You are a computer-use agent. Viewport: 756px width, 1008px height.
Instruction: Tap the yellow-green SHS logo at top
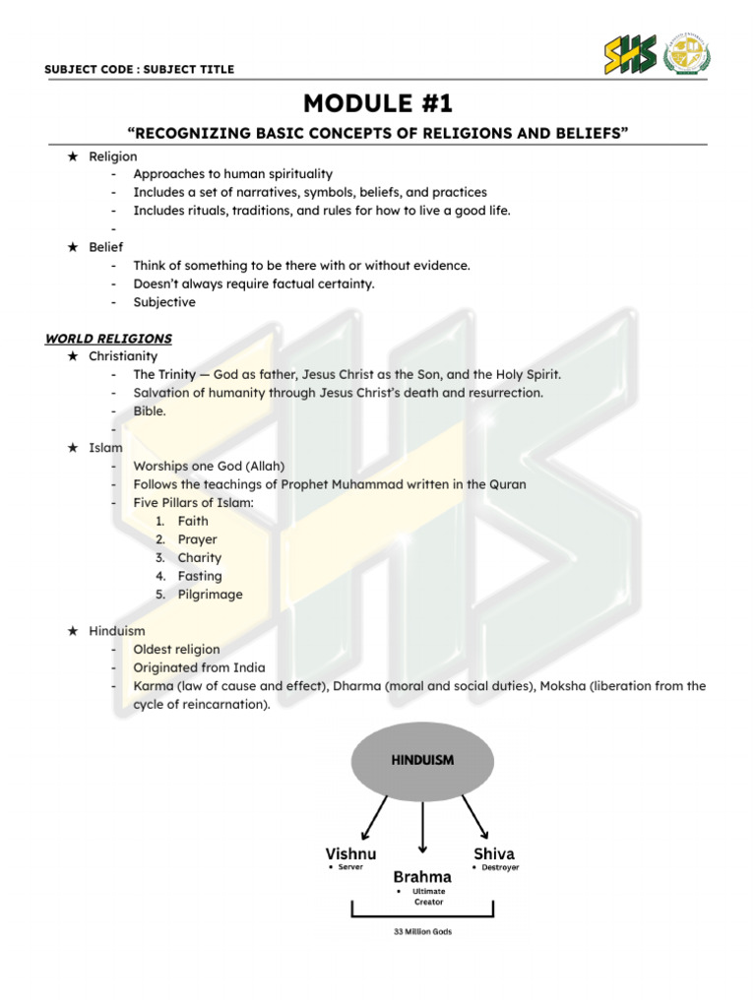click(x=630, y=54)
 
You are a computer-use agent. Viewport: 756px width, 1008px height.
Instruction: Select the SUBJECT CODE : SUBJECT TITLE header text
click(x=139, y=69)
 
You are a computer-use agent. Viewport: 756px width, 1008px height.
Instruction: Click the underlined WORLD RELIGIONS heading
click(x=108, y=339)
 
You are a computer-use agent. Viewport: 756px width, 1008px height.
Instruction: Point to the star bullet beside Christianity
click(x=73, y=356)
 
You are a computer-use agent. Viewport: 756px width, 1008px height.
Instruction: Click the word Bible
click(x=150, y=411)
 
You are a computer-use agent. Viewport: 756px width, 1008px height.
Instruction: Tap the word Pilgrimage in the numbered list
click(x=210, y=595)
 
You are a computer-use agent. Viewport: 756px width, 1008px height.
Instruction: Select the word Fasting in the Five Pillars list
click(x=200, y=576)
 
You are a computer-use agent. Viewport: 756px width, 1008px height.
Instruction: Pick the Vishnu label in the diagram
click(x=350, y=853)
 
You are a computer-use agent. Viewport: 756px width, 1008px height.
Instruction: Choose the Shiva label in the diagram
click(x=494, y=853)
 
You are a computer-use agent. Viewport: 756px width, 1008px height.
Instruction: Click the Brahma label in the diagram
click(x=422, y=876)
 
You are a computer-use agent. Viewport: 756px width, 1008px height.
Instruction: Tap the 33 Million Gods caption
click(x=422, y=931)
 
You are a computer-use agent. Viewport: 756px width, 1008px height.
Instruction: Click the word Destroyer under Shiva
click(x=500, y=868)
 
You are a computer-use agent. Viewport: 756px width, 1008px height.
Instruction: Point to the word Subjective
click(x=164, y=302)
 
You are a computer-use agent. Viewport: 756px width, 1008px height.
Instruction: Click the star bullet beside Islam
click(x=73, y=448)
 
